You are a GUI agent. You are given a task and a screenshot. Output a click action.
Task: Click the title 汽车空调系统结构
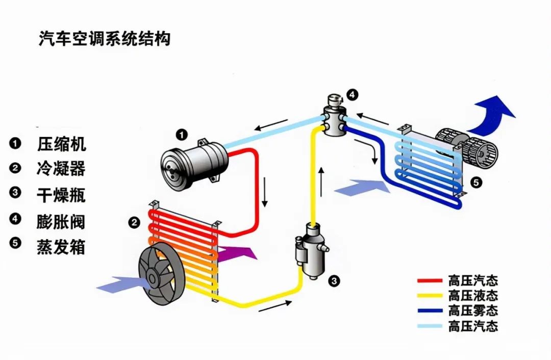[x=104, y=39]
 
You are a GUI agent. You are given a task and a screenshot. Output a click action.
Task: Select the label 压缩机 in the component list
[x=61, y=144]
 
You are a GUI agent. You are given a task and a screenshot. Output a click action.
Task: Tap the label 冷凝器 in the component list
[x=61, y=168]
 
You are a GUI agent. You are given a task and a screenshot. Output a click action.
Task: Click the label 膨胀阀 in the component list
[x=61, y=222]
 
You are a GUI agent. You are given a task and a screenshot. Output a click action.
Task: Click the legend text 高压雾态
[x=473, y=310]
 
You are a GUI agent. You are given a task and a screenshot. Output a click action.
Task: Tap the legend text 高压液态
[x=473, y=296]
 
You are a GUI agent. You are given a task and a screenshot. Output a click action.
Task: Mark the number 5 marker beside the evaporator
[x=475, y=181]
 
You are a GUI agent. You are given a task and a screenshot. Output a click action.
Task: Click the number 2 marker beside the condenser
[x=134, y=222]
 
